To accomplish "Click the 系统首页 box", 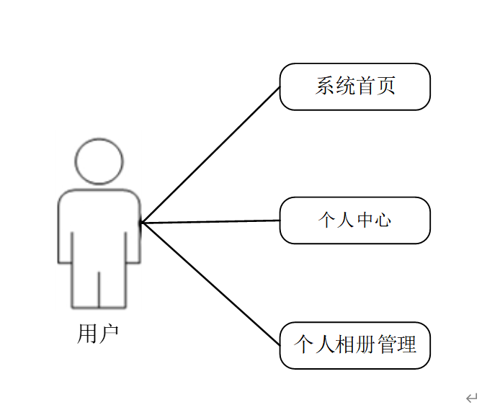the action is pyautogui.click(x=354, y=86).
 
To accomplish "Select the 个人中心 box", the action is pyautogui.click(x=354, y=220).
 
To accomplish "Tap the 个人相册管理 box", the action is pyautogui.click(x=354, y=344).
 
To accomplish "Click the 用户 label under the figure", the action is pyautogui.click(x=97, y=334).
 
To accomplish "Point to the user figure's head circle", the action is pyautogui.click(x=99, y=161).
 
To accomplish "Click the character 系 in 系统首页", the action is pyautogui.click(x=326, y=86).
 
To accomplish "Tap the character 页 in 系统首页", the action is pyautogui.click(x=386, y=86).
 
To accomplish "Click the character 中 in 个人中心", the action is pyautogui.click(x=365, y=220).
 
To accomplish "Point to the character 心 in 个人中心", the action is pyautogui.click(x=383, y=220).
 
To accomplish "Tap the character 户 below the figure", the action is pyautogui.click(x=108, y=334).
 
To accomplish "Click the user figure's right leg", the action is pyautogui.click(x=112, y=288).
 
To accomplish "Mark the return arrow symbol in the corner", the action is pyautogui.click(x=470, y=398).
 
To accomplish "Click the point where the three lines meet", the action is pyautogui.click(x=142, y=223).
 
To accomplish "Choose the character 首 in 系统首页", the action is pyautogui.click(x=366, y=86).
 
